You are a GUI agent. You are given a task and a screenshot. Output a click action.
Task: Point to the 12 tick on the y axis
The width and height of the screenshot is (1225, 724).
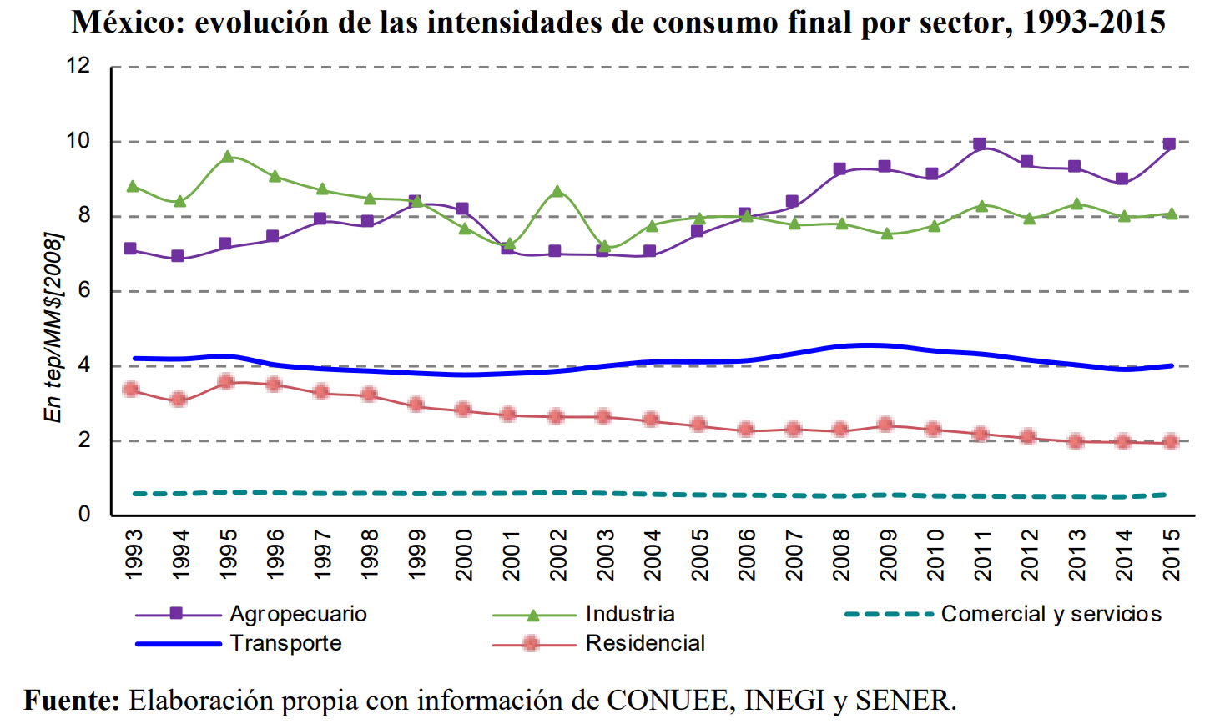78,66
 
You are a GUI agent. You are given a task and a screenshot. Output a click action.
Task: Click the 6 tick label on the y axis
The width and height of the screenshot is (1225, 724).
83,290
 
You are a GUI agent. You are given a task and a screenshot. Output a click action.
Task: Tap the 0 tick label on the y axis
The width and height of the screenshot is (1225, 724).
83,515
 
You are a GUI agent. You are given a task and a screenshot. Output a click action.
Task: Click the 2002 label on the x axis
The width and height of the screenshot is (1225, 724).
558,554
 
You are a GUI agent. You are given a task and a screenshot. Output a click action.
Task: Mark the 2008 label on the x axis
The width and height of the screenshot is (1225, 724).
842,554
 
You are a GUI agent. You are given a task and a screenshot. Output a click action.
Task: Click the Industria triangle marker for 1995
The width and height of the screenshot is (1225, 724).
227,156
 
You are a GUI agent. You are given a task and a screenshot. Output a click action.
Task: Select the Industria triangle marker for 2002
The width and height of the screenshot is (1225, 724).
557,192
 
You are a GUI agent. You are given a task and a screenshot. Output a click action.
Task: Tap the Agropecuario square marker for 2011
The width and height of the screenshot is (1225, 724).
980,144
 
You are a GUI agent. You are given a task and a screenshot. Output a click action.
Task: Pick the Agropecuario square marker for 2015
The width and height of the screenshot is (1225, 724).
1169,144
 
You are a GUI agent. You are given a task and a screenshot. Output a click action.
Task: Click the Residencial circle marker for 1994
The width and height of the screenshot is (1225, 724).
178,400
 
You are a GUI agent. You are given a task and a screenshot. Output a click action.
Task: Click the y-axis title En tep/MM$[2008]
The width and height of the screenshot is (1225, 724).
53,326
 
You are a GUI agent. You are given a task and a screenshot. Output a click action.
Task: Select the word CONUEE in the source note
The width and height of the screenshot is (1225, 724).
670,700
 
